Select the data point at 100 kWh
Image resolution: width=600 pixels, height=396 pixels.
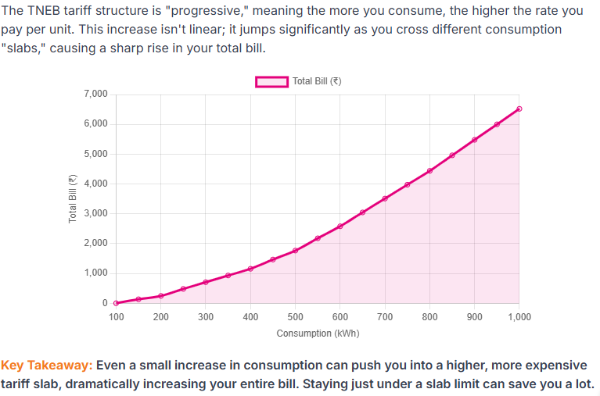[x=116, y=303]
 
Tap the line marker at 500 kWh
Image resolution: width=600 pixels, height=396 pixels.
[x=295, y=251]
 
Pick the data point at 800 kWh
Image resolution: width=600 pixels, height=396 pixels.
[x=429, y=171]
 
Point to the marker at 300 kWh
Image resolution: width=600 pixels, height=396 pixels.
[x=206, y=282]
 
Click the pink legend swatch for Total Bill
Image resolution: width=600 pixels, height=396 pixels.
[x=271, y=81]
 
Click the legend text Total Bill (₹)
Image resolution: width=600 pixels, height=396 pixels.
[x=317, y=81]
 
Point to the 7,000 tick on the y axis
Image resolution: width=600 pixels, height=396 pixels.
[x=95, y=95]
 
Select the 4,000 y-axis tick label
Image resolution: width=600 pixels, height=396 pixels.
[x=95, y=184]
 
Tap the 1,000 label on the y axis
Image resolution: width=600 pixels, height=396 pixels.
[x=95, y=273]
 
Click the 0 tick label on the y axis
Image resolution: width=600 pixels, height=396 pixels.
[x=105, y=303]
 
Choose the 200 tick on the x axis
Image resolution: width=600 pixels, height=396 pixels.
[x=160, y=317]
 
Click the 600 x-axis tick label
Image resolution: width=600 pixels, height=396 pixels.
[x=340, y=317]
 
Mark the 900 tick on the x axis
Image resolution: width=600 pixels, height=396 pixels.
[x=474, y=317]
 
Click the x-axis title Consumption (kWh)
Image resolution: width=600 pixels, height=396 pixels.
[x=318, y=333]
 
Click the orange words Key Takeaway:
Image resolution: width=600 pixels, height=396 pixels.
[x=47, y=366]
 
